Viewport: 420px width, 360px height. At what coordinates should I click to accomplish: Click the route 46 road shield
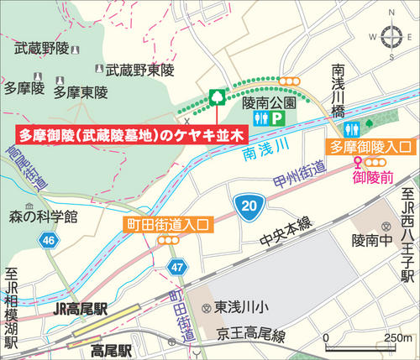click(x=48, y=241)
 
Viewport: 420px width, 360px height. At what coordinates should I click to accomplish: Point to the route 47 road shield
click(x=175, y=267)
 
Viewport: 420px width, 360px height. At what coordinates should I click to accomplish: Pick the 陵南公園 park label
click(x=269, y=102)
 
